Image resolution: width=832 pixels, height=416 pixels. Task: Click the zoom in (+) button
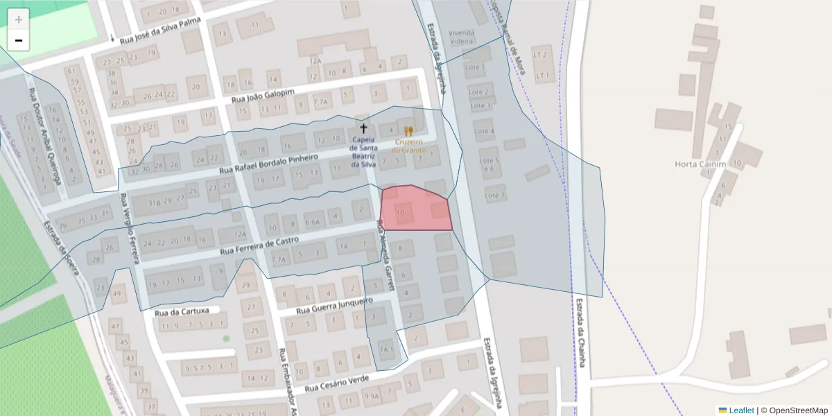[19, 19]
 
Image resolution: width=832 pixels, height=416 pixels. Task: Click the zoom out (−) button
[19, 40]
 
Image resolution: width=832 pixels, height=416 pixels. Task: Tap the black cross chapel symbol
[363, 128]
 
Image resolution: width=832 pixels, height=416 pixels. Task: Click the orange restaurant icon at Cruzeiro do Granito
[408, 131]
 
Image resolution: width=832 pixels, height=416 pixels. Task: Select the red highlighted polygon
[416, 208]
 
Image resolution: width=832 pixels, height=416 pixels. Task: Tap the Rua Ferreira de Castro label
[259, 245]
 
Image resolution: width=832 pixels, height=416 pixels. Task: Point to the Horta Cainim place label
[700, 164]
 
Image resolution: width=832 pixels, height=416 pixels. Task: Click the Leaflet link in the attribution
[741, 410]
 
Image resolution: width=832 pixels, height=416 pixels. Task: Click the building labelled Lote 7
[495, 196]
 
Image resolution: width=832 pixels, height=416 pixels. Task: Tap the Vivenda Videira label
[462, 37]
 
